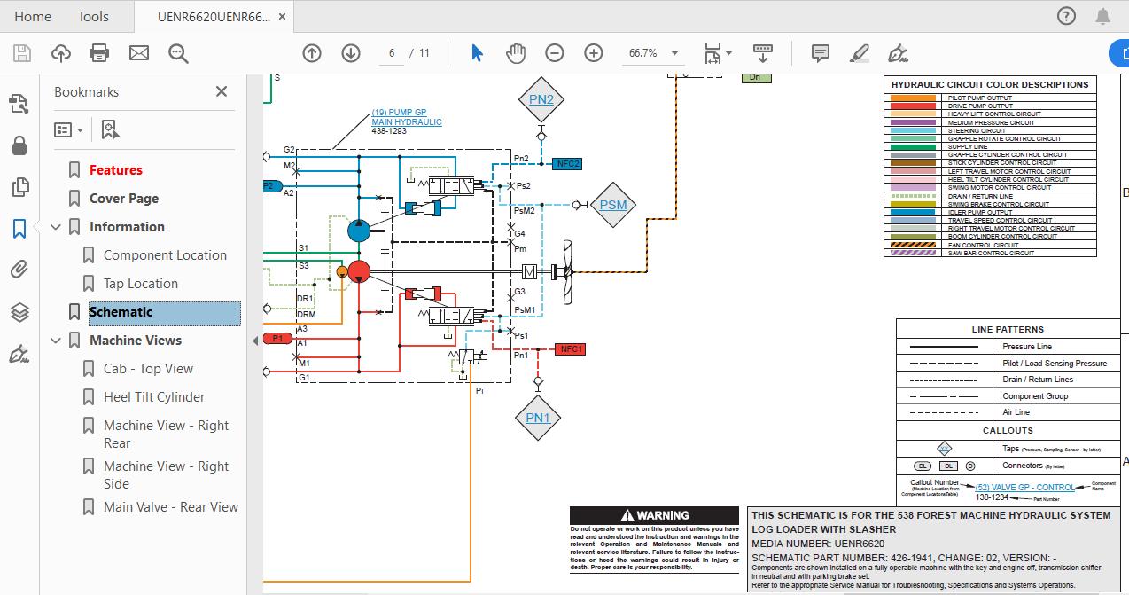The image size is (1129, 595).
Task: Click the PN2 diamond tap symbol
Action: pos(541,99)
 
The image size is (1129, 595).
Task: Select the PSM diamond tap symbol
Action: pos(612,205)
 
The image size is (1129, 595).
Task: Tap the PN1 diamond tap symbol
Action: pos(538,418)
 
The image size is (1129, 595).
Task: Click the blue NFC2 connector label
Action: pos(567,163)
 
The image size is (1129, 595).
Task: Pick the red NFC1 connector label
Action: pos(572,349)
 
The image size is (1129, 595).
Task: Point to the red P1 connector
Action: pos(277,338)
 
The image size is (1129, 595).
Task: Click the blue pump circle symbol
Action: pos(359,231)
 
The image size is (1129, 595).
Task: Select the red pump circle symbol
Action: pos(359,271)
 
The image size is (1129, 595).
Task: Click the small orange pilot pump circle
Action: pos(342,271)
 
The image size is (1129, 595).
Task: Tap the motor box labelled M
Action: pos(529,271)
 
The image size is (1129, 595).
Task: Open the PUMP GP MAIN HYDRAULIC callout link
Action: pos(406,117)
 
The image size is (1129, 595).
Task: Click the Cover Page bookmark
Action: pos(124,199)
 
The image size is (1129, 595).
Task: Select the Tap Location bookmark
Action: pos(140,284)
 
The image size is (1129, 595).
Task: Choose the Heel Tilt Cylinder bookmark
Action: pos(154,397)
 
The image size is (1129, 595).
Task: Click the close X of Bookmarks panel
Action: pos(222,91)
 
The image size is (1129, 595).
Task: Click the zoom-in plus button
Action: pos(593,53)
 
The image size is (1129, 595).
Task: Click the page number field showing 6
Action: pos(391,53)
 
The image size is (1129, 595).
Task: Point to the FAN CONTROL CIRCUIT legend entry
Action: pos(983,245)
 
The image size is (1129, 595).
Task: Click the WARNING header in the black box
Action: pos(654,515)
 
